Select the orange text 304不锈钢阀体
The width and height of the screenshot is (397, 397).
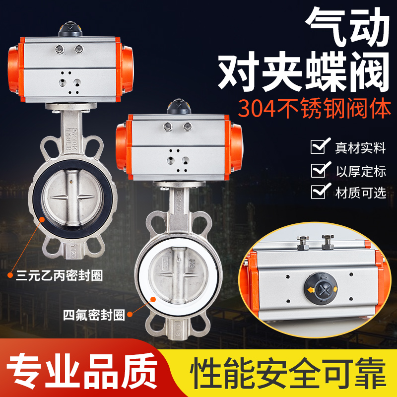click(315, 109)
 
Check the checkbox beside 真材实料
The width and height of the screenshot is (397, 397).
click(318, 147)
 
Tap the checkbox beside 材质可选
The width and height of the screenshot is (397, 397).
click(318, 192)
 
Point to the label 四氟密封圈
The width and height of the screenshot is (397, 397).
click(93, 314)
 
